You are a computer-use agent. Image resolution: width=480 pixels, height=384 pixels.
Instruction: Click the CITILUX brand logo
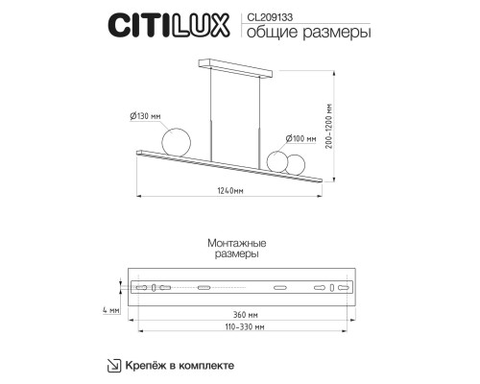[x=167, y=25]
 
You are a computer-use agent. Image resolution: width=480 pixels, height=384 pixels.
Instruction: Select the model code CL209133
[x=268, y=16]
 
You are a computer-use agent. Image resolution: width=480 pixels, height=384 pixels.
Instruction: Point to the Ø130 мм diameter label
[x=145, y=115]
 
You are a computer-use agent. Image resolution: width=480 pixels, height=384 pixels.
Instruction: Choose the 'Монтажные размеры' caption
[x=236, y=251]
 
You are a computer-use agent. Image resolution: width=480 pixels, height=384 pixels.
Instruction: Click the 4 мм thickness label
[x=113, y=310]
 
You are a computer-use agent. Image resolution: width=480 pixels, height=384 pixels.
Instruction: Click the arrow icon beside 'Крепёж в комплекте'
[x=112, y=365]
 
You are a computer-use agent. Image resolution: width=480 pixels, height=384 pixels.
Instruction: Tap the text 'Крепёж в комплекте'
[x=179, y=365]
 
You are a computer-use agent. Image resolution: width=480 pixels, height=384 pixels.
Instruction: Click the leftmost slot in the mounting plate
[x=143, y=288]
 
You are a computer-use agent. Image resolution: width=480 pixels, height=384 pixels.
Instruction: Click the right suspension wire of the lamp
[x=259, y=113]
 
